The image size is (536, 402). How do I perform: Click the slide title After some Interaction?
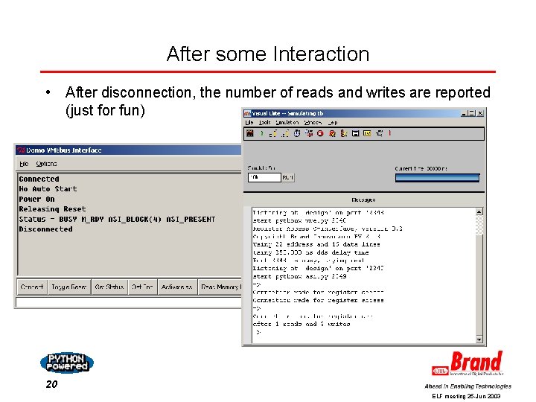(268, 54)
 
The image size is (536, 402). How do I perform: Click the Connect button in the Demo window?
(32, 287)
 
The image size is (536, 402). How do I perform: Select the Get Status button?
(109, 287)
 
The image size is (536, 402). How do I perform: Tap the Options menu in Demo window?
(46, 164)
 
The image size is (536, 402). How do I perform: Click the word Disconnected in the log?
(45, 229)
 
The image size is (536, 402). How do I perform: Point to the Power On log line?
(37, 200)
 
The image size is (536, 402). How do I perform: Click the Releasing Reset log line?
(52, 209)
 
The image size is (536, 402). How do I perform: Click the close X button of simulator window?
(480, 113)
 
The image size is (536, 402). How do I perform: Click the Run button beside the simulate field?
(288, 178)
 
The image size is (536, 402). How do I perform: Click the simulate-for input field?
(264, 178)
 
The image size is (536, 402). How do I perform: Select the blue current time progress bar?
(437, 178)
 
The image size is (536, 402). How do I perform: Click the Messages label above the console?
(363, 200)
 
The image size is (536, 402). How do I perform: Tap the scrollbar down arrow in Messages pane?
(480, 339)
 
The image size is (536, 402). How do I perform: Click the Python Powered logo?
(66, 363)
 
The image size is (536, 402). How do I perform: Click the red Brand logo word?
(476, 363)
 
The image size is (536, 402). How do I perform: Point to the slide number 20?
(51, 384)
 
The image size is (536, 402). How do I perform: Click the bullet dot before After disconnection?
(48, 93)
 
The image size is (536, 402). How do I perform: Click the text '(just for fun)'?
(105, 111)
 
